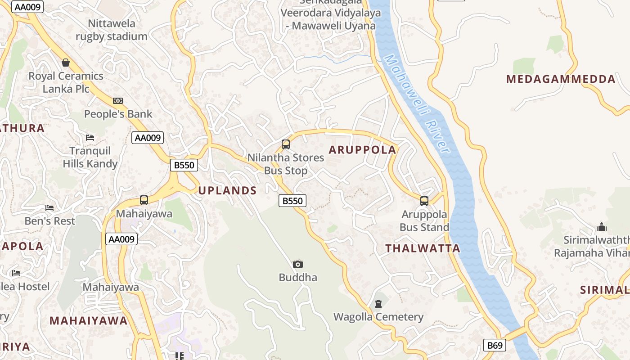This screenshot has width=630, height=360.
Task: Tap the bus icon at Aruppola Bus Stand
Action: click(x=424, y=201)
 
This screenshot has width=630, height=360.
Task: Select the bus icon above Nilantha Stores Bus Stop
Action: click(x=285, y=144)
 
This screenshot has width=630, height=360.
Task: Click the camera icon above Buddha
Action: click(x=297, y=264)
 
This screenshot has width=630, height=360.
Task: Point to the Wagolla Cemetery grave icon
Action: click(x=378, y=304)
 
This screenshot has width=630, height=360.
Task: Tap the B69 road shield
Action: click(x=495, y=345)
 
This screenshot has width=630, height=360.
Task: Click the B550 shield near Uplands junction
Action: click(x=184, y=165)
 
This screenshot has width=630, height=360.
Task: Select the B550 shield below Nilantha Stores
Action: click(x=292, y=201)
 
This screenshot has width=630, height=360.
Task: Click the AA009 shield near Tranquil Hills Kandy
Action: click(x=148, y=138)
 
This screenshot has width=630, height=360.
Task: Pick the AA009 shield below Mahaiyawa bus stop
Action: click(x=121, y=239)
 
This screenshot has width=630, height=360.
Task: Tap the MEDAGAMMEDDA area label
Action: click(x=561, y=79)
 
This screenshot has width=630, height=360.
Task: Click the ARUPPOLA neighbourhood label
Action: click(x=363, y=150)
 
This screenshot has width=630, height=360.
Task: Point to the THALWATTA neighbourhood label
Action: click(x=423, y=248)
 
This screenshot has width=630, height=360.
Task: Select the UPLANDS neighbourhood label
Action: click(x=228, y=190)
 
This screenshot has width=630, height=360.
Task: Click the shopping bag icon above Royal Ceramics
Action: click(x=66, y=63)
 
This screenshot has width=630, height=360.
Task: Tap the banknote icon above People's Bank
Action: click(x=118, y=101)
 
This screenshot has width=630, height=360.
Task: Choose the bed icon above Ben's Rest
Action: click(x=49, y=208)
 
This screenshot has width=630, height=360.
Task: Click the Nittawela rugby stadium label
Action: click(x=112, y=30)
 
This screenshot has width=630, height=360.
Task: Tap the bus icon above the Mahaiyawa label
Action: click(x=144, y=200)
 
